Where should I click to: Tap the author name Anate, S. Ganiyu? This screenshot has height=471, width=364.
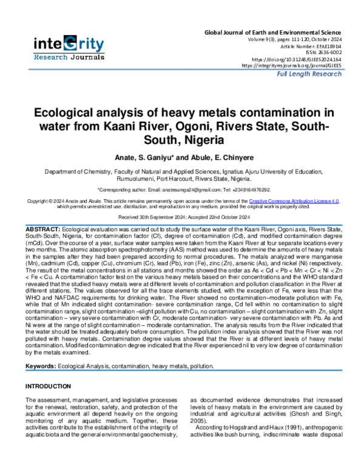[x=144, y=157]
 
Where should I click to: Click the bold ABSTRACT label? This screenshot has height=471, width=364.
[x=42, y=226]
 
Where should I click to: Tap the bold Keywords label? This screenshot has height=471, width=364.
[x=41, y=367]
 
